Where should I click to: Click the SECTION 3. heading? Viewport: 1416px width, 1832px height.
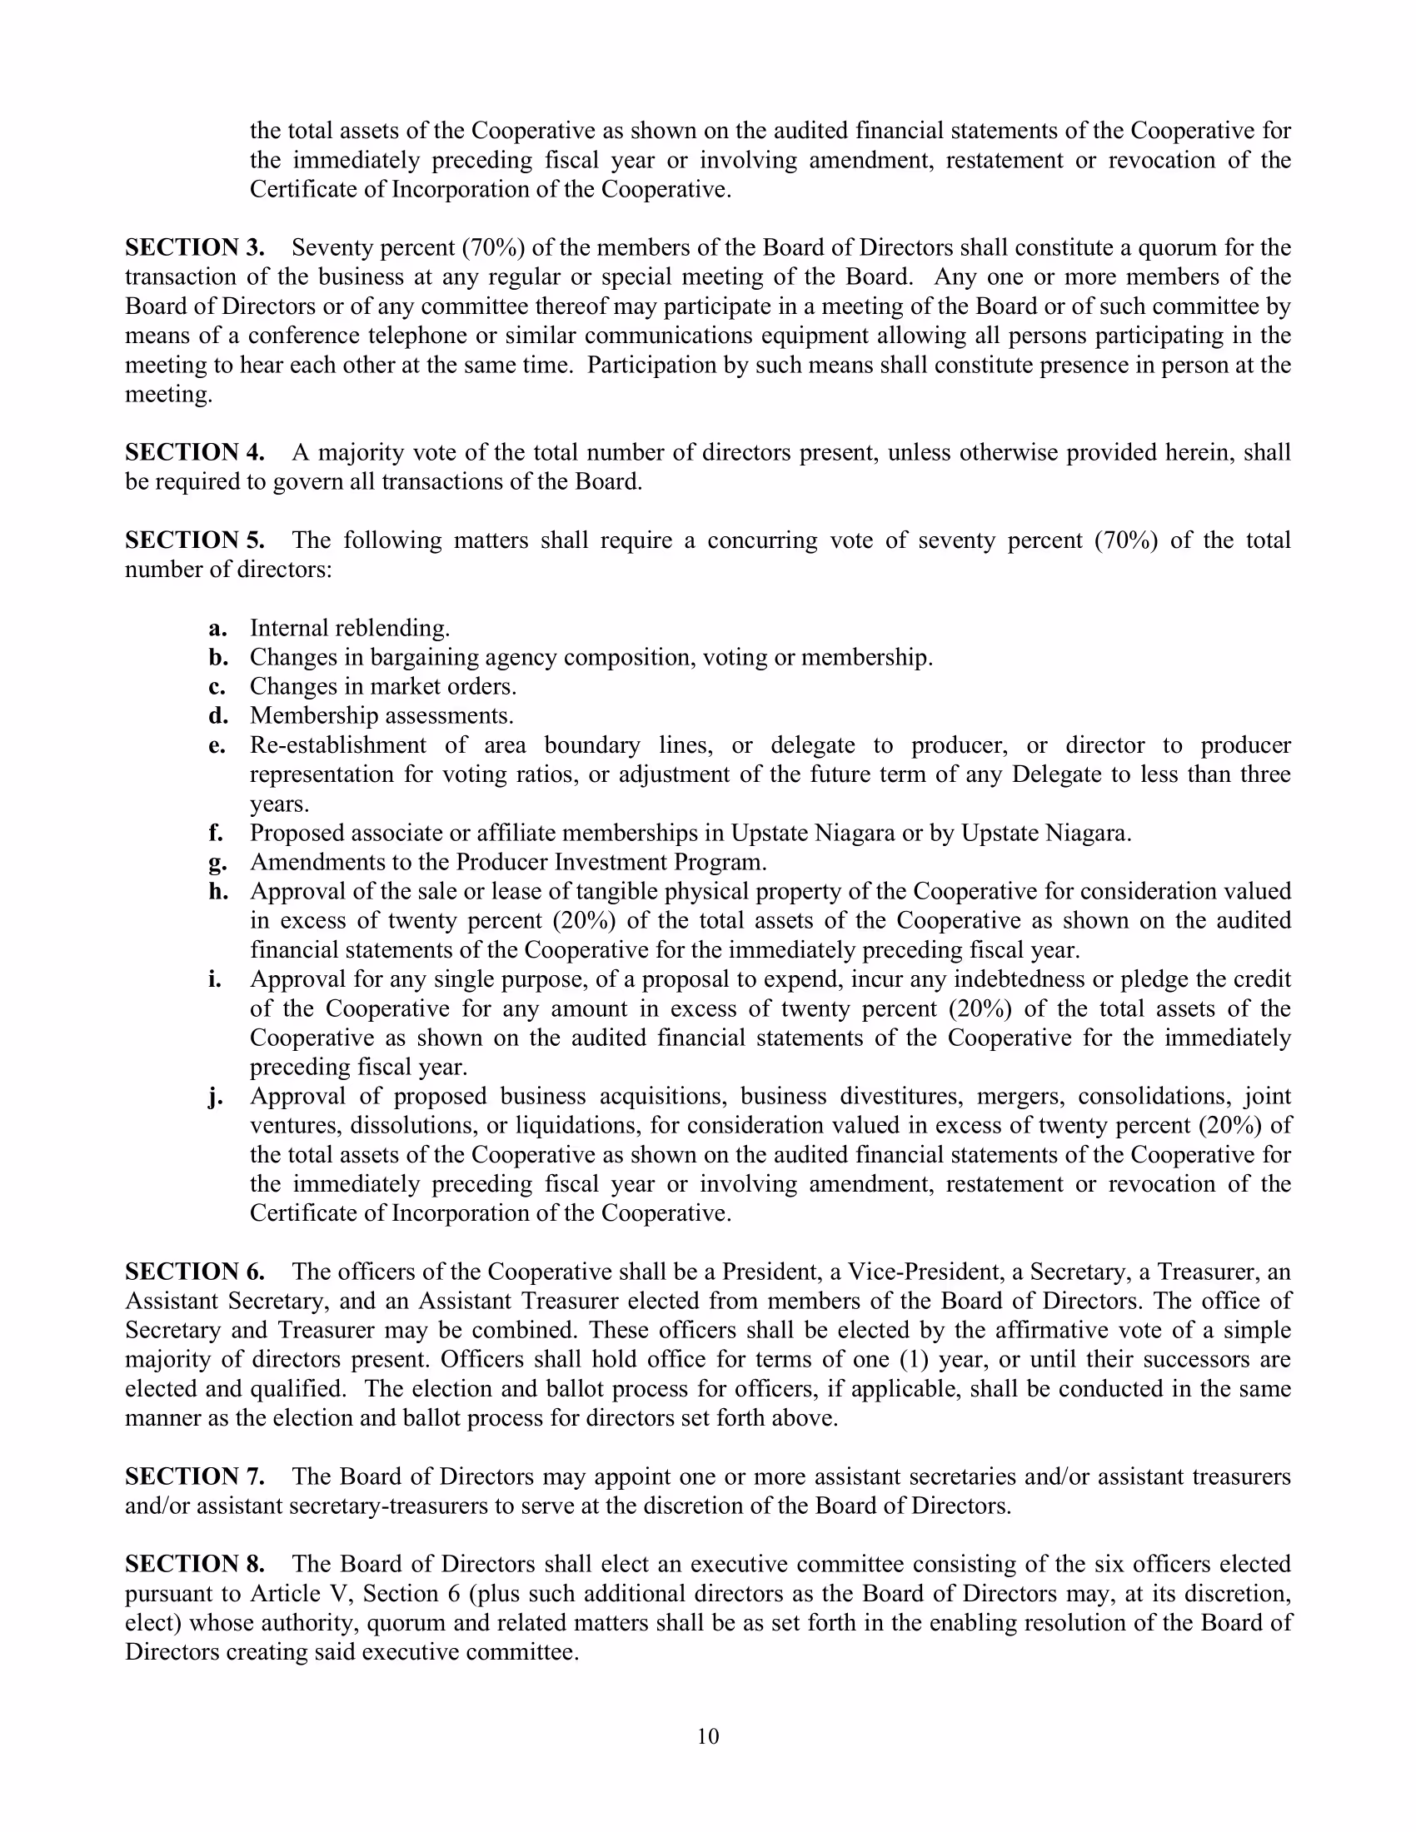click(195, 247)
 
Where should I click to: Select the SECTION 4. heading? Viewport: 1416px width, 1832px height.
click(195, 452)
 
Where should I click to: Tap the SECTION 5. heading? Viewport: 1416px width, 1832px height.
click(195, 540)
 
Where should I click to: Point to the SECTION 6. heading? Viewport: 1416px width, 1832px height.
click(195, 1272)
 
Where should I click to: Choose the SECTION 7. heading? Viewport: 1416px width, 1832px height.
click(195, 1476)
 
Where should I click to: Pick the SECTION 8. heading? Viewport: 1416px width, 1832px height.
click(195, 1564)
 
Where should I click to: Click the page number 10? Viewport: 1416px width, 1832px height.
click(708, 1736)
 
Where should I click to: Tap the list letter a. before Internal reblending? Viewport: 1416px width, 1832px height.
click(218, 628)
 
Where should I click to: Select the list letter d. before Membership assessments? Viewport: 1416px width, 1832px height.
click(218, 715)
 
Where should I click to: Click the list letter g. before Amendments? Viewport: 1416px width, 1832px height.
click(218, 863)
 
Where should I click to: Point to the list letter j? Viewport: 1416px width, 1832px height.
click(217, 1097)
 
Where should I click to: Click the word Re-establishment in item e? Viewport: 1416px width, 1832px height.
click(338, 745)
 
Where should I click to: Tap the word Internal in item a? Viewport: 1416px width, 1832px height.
click(289, 628)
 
